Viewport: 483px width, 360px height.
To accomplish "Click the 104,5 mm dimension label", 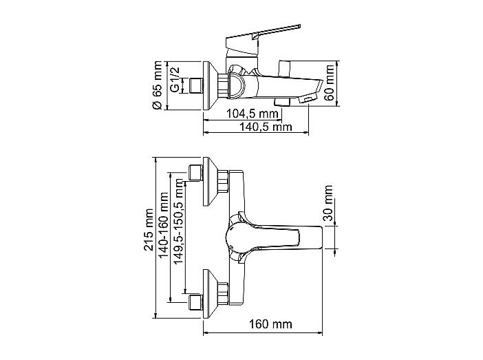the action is click(x=253, y=114).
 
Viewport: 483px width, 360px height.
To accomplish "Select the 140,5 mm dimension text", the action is click(x=266, y=127).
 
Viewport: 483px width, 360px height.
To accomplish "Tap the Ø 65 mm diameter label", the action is click(x=157, y=85).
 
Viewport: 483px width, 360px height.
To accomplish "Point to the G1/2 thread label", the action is click(x=175, y=79).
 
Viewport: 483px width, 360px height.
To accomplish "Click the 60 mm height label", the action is click(x=330, y=83).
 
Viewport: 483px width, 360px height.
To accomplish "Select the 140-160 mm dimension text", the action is click(x=163, y=225).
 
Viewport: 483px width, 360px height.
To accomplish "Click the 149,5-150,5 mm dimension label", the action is click(x=178, y=222).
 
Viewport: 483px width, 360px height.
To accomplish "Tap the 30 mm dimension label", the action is click(x=328, y=203).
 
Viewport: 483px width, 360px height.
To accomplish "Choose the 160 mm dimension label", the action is click(x=270, y=324).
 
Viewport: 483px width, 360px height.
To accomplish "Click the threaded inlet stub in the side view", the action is click(x=196, y=85).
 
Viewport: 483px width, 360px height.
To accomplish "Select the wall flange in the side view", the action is click(x=211, y=85).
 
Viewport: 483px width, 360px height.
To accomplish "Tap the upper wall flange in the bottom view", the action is click(x=211, y=181).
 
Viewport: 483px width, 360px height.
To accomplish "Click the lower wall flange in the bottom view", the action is click(x=211, y=294).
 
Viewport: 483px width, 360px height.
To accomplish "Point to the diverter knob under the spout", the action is click(x=282, y=102).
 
